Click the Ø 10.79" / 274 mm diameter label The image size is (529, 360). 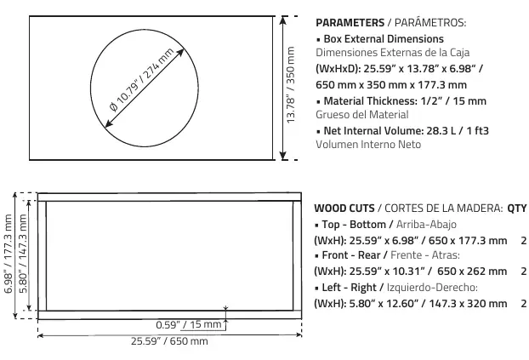coord(142,80)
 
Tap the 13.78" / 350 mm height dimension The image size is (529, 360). coord(291,85)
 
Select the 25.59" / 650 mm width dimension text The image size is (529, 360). coord(169,340)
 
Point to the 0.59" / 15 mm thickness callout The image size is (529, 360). coord(189,324)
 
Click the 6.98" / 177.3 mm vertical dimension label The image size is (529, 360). coord(9,254)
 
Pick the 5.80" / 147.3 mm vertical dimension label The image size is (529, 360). coord(23,254)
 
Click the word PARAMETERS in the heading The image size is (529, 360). coord(350,23)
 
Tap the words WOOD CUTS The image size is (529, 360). coord(344,208)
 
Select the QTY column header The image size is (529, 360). coord(517,209)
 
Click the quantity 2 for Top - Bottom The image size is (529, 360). coord(524,241)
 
